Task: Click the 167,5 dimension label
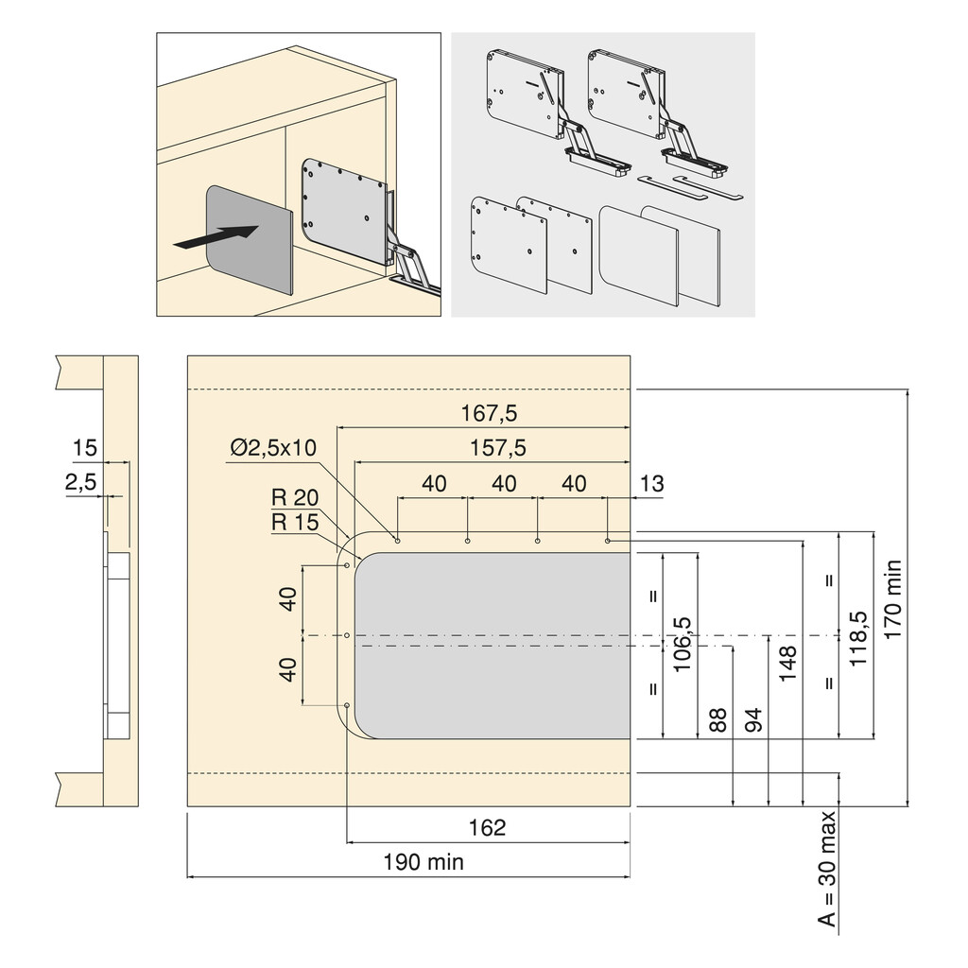point(490,413)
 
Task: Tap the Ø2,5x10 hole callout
point(273,448)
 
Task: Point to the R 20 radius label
point(294,498)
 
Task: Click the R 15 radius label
point(294,522)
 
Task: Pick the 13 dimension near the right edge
point(651,484)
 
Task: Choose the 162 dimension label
point(487,828)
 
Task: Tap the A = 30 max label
point(828,869)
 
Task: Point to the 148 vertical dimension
point(788,664)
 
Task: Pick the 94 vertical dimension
point(753,720)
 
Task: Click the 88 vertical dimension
point(717,720)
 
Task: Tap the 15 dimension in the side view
point(85,447)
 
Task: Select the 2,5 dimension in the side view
point(80,483)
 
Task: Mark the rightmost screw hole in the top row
point(607,541)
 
